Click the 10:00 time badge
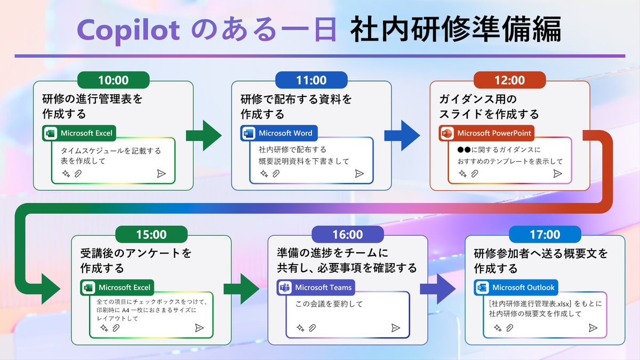(114, 80)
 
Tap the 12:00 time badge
(509, 80)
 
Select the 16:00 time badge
(347, 234)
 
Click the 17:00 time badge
(545, 234)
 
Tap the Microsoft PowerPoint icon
(446, 133)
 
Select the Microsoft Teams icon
(284, 287)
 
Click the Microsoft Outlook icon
(482, 287)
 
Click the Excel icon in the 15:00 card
(88, 287)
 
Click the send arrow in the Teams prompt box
(395, 327)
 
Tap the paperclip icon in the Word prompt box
(276, 173)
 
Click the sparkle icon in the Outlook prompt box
(497, 327)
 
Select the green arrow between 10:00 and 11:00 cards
(203, 135)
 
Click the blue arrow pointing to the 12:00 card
(402, 135)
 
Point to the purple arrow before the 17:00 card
(437, 289)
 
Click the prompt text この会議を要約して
(329, 304)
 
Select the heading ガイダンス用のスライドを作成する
(489, 107)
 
